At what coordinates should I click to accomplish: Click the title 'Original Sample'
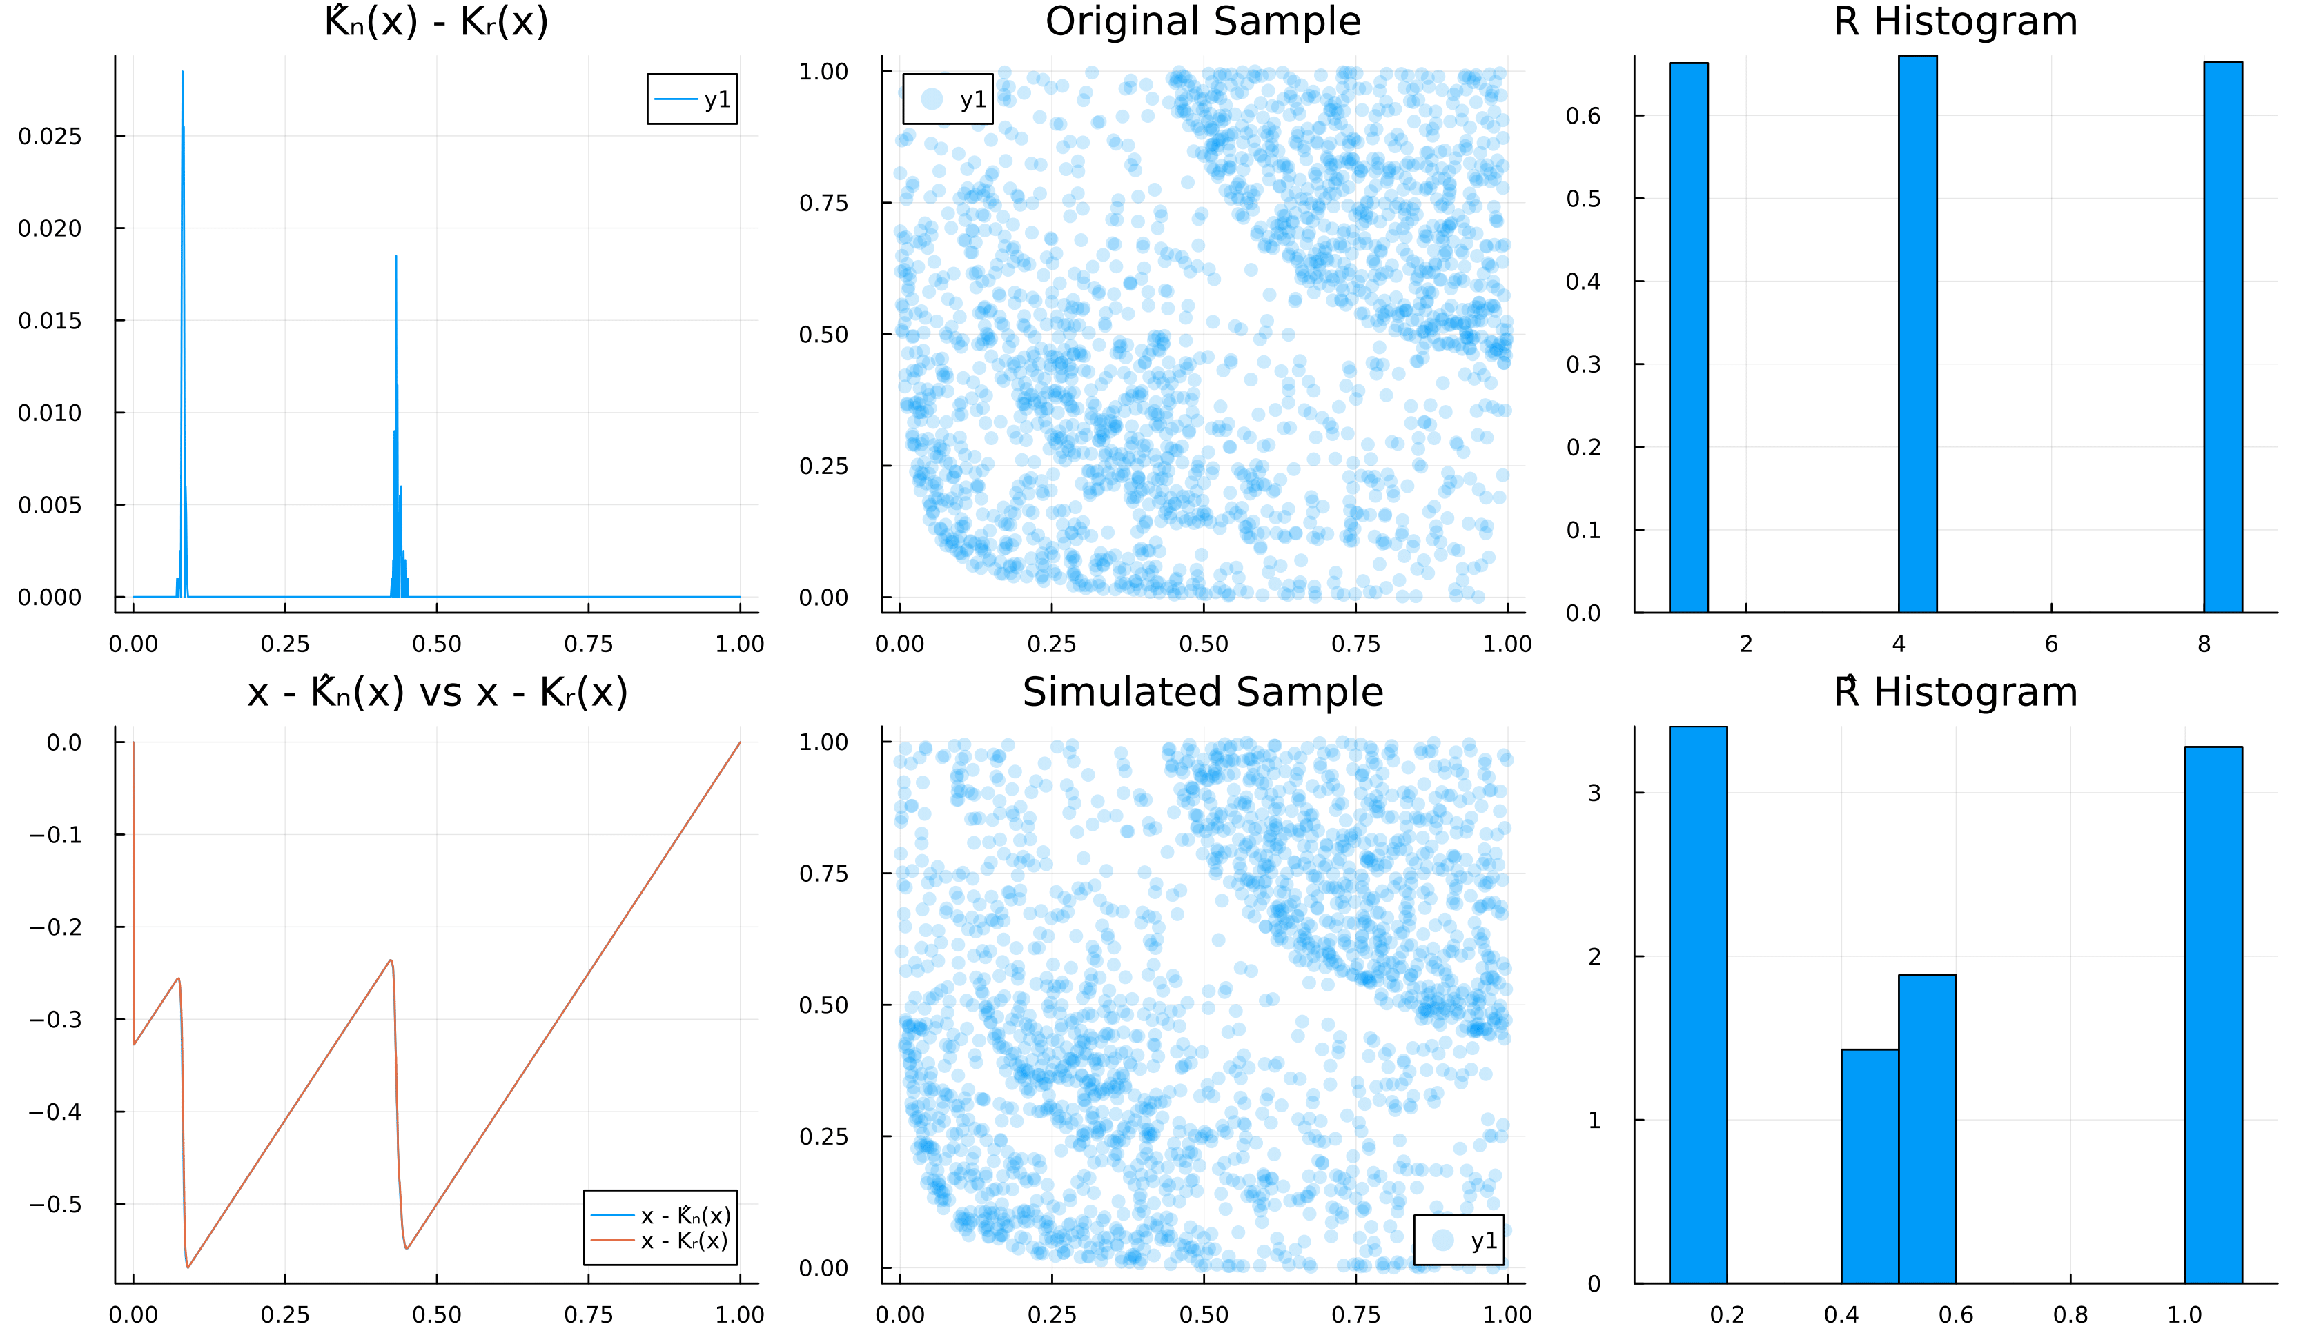click(1202, 22)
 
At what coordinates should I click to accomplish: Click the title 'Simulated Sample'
click(1202, 693)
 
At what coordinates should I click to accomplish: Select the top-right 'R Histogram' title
click(1955, 22)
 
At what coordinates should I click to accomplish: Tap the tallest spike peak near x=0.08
click(183, 73)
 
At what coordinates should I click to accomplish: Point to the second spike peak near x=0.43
click(396, 257)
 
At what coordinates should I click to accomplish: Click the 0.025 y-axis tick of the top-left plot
click(50, 136)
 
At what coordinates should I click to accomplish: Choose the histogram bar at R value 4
click(1917, 333)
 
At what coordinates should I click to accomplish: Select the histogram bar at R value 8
click(2222, 336)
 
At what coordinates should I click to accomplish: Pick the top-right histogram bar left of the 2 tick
click(1688, 337)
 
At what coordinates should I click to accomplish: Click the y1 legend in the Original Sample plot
click(947, 99)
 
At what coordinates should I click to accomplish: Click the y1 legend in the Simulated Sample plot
click(1458, 1240)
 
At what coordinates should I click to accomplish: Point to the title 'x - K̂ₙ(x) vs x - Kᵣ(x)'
click(438, 693)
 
